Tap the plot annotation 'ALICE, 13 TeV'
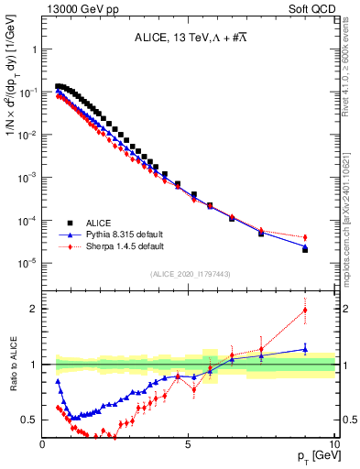[189, 37]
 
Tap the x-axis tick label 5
[188, 444]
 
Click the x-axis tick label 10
[333, 444]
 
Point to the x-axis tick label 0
[42, 444]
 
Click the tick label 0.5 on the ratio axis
[29, 420]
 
